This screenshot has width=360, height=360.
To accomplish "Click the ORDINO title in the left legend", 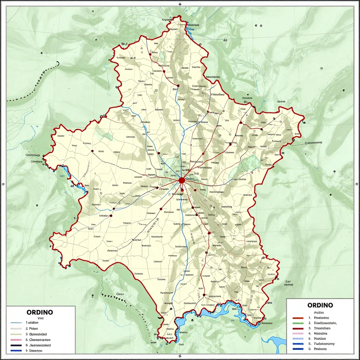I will [x=40, y=312].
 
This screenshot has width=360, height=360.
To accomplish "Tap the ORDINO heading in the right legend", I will [x=320, y=305].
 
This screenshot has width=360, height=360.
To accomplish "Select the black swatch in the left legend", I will [x=16, y=345].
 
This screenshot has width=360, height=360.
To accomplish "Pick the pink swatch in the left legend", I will [x=16, y=340].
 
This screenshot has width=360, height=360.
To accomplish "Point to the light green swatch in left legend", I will [x=16, y=334].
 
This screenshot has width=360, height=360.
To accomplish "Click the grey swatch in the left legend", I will [x=16, y=328].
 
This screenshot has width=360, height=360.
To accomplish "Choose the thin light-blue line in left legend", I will [x=16, y=322].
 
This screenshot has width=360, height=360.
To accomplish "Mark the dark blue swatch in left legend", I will [x=16, y=351].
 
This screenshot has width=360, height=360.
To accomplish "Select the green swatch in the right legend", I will [x=298, y=322].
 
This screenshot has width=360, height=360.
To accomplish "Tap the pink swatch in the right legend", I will [x=298, y=333].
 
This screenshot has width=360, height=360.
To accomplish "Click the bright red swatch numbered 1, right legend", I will [x=298, y=317].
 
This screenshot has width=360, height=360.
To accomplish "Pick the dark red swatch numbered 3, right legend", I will [x=298, y=328].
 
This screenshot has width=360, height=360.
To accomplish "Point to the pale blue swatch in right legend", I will [x=298, y=339].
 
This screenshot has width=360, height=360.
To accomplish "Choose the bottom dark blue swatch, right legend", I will [x=298, y=349].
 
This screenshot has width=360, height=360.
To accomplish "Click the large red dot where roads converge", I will [x=181, y=180].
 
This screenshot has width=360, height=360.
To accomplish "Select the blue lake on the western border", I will [x=65, y=172].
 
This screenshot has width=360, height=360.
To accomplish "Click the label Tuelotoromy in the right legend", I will [x=324, y=344].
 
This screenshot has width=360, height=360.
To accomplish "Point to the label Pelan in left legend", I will [x=34, y=328].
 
